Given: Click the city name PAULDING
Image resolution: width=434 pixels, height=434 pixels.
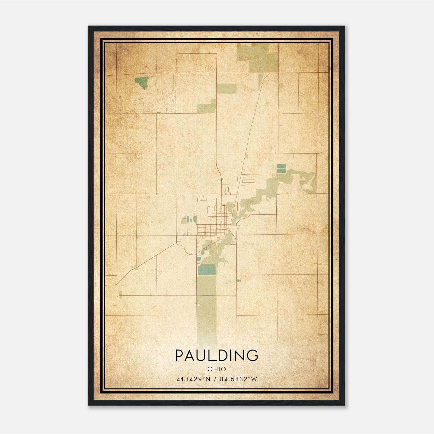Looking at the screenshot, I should click(217, 355).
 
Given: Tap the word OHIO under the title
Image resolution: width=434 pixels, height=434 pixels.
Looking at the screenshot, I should click(217, 369).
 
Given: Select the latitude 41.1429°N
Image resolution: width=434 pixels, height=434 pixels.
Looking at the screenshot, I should click(193, 379).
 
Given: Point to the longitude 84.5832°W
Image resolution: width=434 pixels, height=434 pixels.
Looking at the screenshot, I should click(238, 379).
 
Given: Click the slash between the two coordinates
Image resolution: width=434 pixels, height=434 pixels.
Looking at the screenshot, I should click(215, 379).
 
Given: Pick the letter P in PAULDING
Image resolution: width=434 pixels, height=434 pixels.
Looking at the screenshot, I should click(180, 355).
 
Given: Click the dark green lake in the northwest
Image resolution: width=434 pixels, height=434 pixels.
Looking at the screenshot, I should click(142, 82).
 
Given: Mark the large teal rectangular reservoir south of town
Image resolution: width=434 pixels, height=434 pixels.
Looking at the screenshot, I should click(206, 270).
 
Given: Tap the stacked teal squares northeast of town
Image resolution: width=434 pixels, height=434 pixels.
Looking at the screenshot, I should click(281, 168).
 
